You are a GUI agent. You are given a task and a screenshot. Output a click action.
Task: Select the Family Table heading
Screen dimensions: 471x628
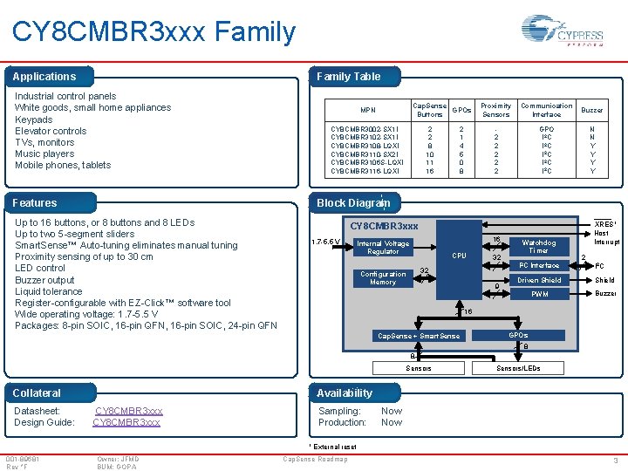pos(348,77)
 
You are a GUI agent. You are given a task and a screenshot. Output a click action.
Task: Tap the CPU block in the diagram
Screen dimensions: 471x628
pos(459,256)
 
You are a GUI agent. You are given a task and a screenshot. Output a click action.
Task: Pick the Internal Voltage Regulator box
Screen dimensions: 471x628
pos(383,248)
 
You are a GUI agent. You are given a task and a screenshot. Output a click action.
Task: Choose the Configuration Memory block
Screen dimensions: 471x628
pos(383,278)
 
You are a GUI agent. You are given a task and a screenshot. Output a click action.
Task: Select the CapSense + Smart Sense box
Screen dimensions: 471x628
pos(418,336)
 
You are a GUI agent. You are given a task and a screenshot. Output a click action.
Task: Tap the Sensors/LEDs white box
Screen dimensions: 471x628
pos(518,368)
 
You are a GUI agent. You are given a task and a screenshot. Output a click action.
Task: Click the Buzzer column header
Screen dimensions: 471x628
pos(592,111)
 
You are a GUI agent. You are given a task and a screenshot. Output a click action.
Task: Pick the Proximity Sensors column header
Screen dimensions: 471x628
pos(496,110)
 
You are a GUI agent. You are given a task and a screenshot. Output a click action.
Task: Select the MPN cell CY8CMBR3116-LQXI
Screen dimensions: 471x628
pos(366,171)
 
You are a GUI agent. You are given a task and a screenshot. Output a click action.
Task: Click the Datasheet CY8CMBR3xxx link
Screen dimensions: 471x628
pos(129,411)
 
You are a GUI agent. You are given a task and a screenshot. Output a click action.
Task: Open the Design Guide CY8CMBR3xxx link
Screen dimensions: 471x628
pos(126,422)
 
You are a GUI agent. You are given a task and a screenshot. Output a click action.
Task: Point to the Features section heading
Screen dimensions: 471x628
pos(35,203)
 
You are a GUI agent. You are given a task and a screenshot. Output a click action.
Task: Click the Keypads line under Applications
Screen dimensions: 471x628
pos(34,119)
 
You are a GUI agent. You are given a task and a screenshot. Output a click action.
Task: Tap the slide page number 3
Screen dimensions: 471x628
pos(616,460)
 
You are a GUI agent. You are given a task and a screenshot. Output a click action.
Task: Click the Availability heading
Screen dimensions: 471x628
pos(344,393)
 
